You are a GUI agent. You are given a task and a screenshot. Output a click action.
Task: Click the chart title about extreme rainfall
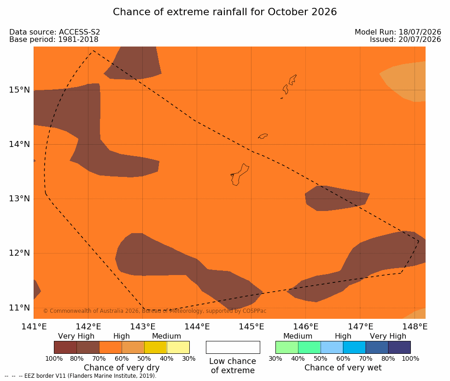click(225, 12)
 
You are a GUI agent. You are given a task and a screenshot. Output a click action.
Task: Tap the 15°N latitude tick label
click(19, 90)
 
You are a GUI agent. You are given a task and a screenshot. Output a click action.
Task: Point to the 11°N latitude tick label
click(19, 308)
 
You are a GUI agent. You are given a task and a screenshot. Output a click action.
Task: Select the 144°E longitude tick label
click(197, 327)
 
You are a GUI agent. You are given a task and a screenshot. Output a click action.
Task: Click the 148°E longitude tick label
click(415, 327)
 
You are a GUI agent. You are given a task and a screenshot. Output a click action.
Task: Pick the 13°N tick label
click(19, 199)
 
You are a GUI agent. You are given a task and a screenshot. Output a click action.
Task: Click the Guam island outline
click(240, 175)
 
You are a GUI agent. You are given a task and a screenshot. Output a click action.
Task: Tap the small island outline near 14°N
click(263, 136)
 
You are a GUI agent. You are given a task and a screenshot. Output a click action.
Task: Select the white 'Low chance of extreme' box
click(233, 347)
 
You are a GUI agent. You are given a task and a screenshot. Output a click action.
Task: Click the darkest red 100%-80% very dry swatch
click(65, 347)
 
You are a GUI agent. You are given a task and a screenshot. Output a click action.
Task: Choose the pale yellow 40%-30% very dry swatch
click(178, 347)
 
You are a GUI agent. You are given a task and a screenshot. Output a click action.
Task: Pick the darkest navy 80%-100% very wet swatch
click(399, 347)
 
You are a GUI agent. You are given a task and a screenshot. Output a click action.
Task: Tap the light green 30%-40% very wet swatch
click(286, 347)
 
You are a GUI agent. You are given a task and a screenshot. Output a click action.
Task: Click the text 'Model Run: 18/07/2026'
click(398, 32)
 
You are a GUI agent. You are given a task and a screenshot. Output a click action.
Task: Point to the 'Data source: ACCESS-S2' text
click(54, 32)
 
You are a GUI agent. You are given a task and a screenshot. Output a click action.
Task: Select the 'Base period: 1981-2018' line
click(54, 39)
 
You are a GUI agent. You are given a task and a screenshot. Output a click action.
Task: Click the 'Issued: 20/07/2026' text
click(405, 39)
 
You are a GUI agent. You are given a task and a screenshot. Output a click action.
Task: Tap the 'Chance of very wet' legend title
click(343, 368)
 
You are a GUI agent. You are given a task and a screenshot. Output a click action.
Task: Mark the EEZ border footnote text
click(80, 376)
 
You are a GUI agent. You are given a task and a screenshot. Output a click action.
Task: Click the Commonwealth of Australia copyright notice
click(155, 311)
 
